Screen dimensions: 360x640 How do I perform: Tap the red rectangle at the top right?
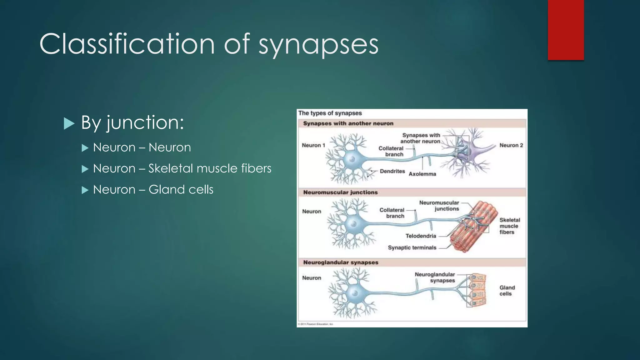pyautogui.click(x=566, y=30)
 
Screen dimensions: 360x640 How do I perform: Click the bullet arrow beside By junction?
pyautogui.click(x=69, y=123)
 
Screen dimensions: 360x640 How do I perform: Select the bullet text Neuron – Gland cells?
pyautogui.click(x=153, y=190)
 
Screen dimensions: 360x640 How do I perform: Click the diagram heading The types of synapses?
pyautogui.click(x=330, y=113)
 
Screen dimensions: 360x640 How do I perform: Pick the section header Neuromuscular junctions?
pyautogui.click(x=340, y=192)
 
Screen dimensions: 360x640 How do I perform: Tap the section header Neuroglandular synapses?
pyautogui.click(x=341, y=262)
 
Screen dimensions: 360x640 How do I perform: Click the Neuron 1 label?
pyautogui.click(x=313, y=145)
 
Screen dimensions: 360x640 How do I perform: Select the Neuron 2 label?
pyautogui.click(x=511, y=145)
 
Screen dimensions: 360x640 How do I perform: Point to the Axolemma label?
pyautogui.click(x=422, y=174)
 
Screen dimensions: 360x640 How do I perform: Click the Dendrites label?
pyautogui.click(x=392, y=171)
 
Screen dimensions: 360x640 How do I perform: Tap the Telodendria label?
pyautogui.click(x=421, y=236)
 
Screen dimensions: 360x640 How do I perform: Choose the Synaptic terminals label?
pyautogui.click(x=412, y=247)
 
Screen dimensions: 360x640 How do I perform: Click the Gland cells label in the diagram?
pyautogui.click(x=507, y=291)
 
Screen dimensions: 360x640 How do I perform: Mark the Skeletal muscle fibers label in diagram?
pyautogui.click(x=509, y=226)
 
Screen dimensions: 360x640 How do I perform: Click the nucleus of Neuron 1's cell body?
pyautogui.click(x=352, y=159)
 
